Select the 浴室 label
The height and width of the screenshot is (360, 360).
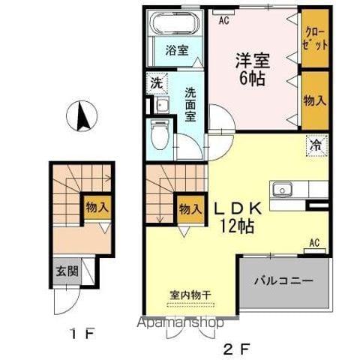[x=177, y=52]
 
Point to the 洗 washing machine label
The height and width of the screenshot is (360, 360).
[x=157, y=82]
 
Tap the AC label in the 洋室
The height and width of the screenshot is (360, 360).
[x=223, y=21]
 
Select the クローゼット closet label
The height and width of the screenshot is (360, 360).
[x=314, y=37]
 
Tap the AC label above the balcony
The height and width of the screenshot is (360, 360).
[x=316, y=243]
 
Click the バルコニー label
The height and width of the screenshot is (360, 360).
[x=283, y=281]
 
